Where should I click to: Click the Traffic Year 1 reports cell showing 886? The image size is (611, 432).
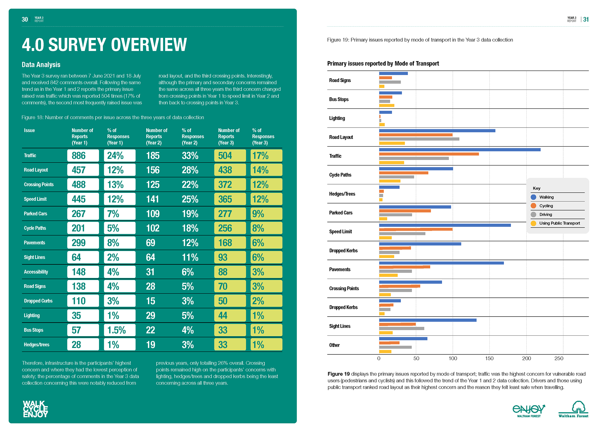83,156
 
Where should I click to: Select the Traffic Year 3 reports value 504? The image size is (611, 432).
230,156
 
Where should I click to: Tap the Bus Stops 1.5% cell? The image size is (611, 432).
120,330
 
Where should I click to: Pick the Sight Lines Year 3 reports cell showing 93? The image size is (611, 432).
230,257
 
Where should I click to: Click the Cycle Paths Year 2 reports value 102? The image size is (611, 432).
153,228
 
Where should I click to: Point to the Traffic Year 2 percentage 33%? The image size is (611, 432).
190,156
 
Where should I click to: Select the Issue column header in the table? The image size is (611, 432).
29,130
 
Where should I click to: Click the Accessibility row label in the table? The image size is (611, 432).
36,272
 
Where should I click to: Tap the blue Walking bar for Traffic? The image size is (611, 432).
460,150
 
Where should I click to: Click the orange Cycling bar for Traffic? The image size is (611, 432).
429,154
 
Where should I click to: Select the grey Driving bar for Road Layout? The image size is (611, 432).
419,139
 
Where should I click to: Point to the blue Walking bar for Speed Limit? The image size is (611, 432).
445,225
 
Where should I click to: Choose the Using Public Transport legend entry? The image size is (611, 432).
556,223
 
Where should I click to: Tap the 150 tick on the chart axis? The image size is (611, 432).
489,359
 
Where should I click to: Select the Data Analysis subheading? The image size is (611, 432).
41,65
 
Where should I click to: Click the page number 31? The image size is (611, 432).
586,19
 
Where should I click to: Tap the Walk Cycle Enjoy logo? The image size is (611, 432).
35,409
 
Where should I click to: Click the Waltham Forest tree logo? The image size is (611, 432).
573,409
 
